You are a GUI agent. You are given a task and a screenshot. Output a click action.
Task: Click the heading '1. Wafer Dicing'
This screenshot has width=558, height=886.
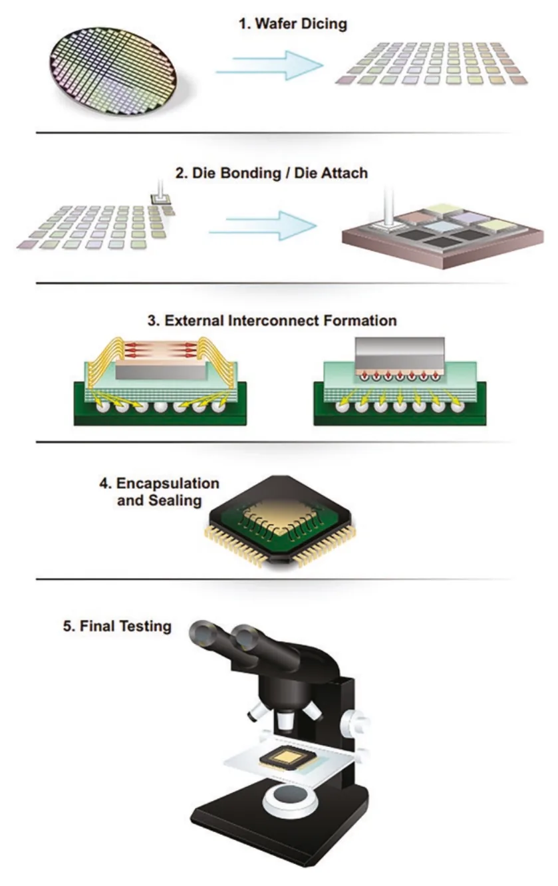293,24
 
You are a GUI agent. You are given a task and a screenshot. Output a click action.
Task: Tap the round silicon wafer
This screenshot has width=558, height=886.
114,71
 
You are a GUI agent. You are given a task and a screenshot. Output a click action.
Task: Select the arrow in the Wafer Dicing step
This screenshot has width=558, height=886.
270,65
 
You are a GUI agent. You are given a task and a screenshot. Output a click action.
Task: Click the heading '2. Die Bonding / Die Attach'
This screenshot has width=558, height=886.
271,173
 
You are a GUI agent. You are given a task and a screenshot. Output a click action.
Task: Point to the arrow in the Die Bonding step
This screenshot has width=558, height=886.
263,225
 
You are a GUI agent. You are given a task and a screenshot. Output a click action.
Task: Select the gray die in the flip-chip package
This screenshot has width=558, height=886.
400,354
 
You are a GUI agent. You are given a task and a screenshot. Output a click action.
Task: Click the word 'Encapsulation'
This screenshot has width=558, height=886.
168,484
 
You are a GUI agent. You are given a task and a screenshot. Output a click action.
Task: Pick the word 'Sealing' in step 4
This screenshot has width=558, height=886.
175,501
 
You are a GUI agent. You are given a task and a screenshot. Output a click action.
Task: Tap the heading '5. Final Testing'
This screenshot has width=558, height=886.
117,626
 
